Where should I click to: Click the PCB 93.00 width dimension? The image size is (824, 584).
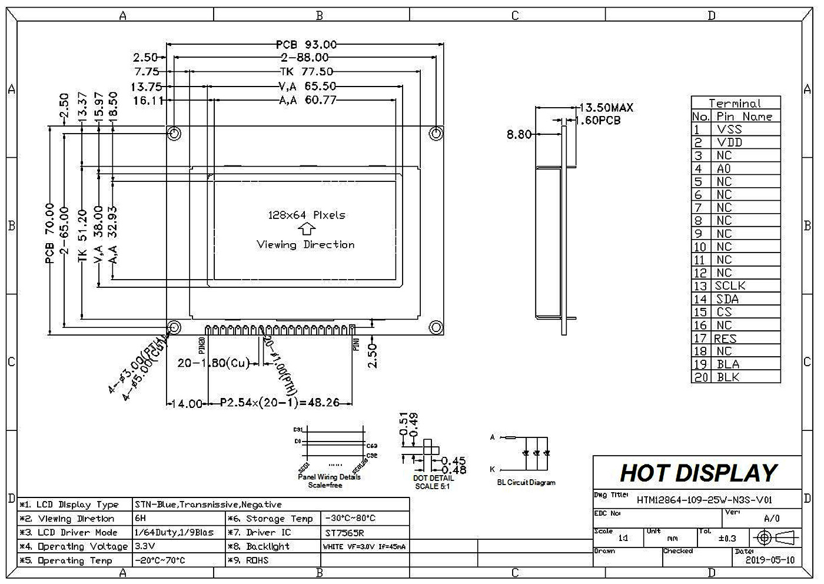306,45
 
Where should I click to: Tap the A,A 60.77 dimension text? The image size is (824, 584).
307,100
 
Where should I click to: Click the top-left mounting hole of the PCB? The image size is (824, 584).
174,133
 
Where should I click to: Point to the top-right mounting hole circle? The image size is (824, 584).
436,133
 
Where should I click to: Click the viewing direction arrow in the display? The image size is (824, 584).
306,230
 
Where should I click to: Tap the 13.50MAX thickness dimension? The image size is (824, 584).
606,108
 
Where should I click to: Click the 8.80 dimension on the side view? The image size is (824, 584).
519,135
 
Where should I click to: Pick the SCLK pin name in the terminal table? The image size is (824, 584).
730,286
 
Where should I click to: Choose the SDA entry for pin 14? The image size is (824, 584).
727,299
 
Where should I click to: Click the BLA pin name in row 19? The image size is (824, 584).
728,364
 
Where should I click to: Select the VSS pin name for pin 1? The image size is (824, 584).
729,130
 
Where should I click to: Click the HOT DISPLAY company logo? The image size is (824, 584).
699,473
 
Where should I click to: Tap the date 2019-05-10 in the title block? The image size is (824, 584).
769,560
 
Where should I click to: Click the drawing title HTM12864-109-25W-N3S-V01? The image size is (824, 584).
704,500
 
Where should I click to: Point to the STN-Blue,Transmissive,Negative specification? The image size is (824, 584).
208,505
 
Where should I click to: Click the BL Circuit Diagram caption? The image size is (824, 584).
526,483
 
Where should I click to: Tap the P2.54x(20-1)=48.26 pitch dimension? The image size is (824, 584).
280,403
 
